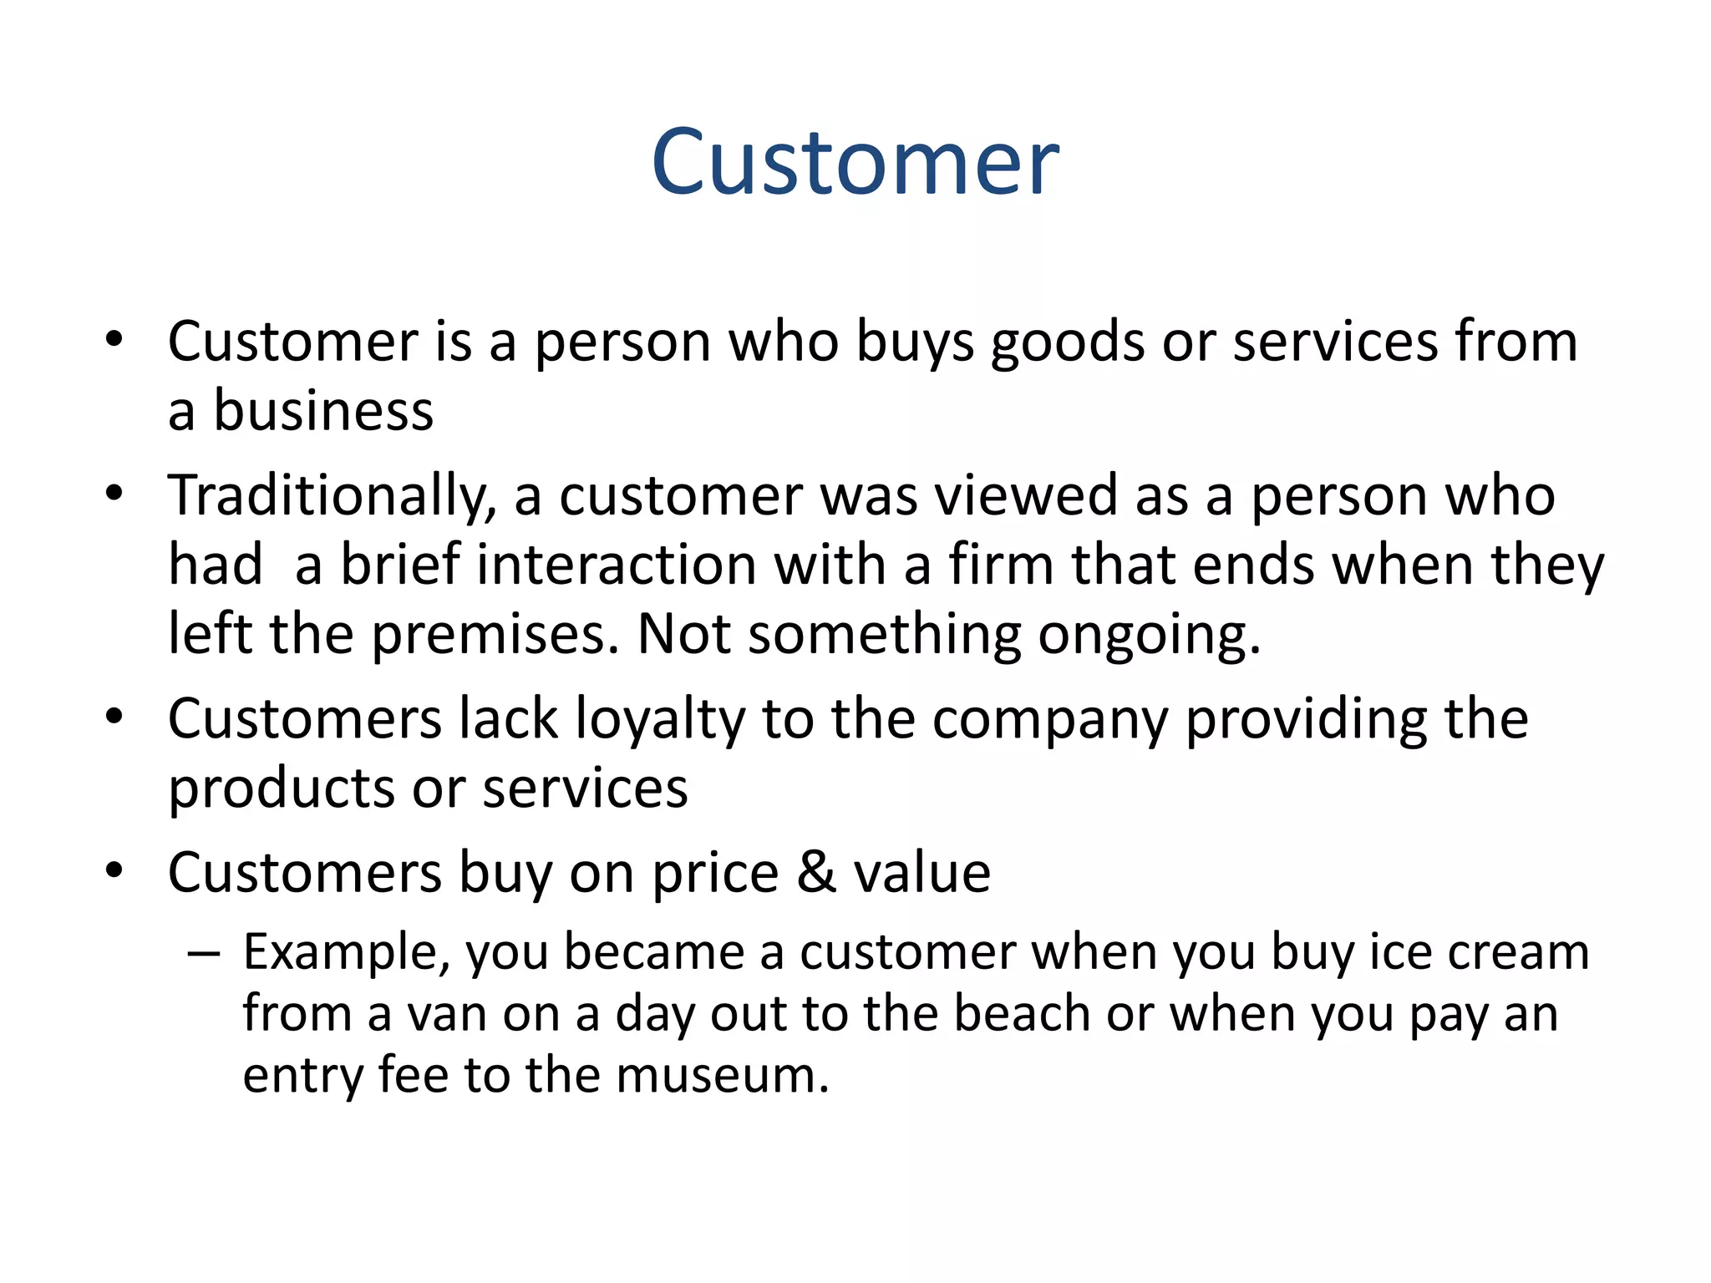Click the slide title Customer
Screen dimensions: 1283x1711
tap(855, 162)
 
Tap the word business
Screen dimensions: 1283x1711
tap(323, 412)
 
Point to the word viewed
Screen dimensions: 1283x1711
tap(1026, 495)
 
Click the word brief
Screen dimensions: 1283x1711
tap(399, 565)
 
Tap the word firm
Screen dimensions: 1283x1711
tap(1000, 565)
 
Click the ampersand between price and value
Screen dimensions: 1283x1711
tap(815, 873)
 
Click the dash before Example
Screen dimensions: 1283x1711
tap(204, 953)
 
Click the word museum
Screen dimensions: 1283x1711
tap(722, 1076)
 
